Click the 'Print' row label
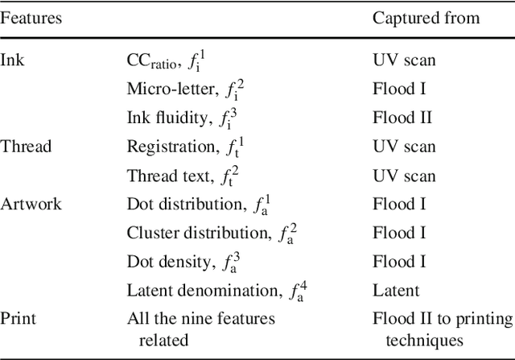[17, 319]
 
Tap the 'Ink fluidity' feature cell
[181, 118]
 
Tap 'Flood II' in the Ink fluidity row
[402, 118]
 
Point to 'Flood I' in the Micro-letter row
[398, 89]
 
